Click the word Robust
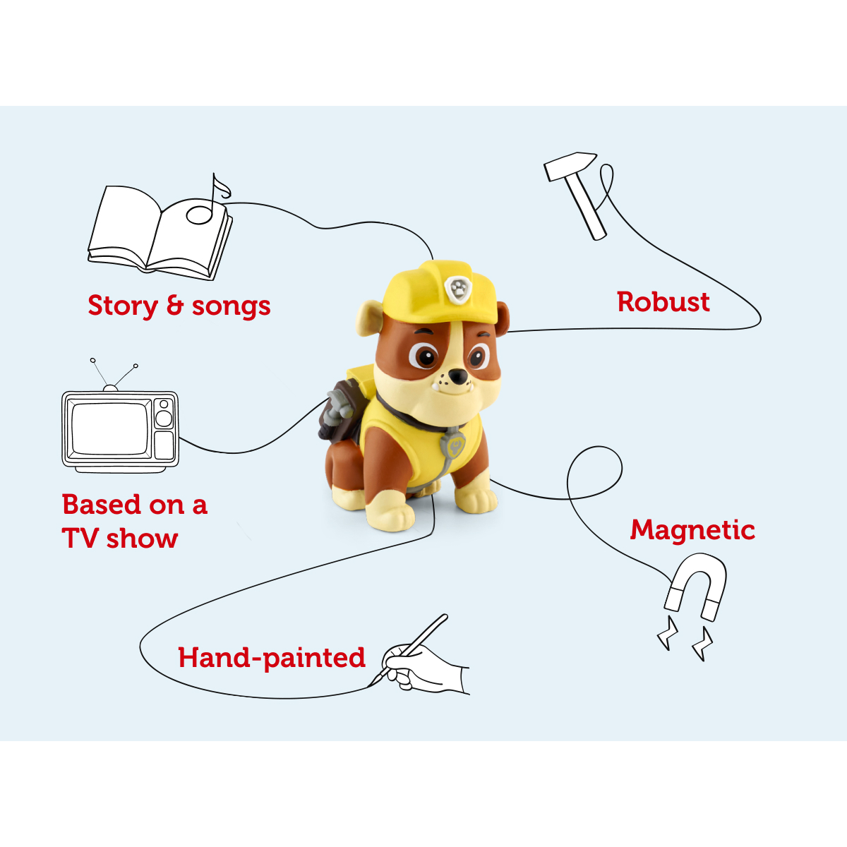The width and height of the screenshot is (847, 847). [x=663, y=302]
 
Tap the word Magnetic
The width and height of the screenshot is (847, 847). [x=692, y=529]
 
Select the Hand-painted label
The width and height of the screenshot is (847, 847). [x=272, y=658]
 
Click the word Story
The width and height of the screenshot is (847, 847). [x=122, y=306]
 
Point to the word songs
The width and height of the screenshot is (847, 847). [x=231, y=306]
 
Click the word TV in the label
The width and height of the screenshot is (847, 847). [x=80, y=539]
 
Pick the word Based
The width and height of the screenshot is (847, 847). [x=102, y=505]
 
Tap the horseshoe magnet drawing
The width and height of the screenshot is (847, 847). [x=697, y=583]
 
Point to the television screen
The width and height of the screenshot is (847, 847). [x=110, y=428]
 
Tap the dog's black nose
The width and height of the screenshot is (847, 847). [x=458, y=377]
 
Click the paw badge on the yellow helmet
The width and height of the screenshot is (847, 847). [x=458, y=288]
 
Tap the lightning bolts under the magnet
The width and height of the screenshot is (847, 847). [x=685, y=639]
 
